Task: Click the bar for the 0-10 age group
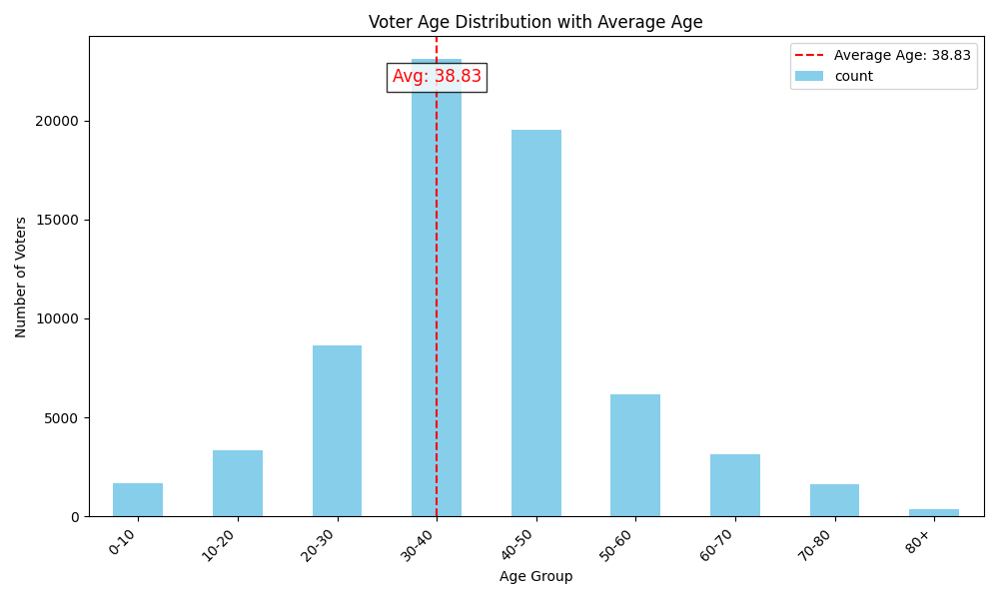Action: coord(138,500)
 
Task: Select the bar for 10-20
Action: coord(238,483)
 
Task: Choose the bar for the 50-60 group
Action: coord(635,455)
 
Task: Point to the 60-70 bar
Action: coord(735,485)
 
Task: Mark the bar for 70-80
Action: coord(834,500)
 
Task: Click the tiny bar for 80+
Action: coord(934,512)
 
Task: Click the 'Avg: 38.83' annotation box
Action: coord(437,77)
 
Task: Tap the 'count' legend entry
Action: coord(853,77)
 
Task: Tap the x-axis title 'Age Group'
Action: coord(535,577)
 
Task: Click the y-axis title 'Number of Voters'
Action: coord(21,277)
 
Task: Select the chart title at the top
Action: coord(535,22)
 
